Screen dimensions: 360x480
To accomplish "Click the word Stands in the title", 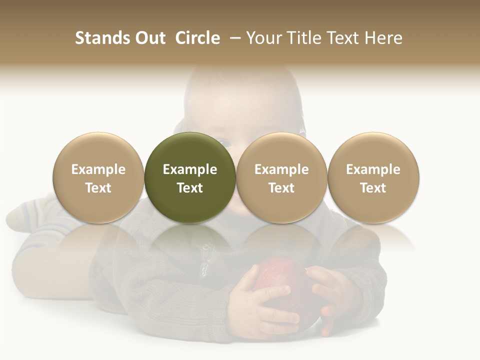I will pyautogui.click(x=103, y=38).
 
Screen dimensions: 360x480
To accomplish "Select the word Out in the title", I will pyautogui.click(x=150, y=38).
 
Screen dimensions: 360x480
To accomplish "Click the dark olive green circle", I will pyautogui.click(x=190, y=177).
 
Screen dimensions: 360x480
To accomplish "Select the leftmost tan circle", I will pyautogui.click(x=98, y=177).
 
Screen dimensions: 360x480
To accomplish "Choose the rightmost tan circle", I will pyautogui.click(x=373, y=177).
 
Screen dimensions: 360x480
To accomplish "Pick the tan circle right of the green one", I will pyautogui.click(x=281, y=177).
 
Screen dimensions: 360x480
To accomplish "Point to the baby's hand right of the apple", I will pyautogui.click(x=332, y=295).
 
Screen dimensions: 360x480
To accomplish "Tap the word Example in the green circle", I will pyautogui.click(x=190, y=169).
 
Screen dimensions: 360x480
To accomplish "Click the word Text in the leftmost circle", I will pyautogui.click(x=98, y=188).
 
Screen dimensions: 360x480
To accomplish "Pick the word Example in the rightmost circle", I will pyautogui.click(x=373, y=169).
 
